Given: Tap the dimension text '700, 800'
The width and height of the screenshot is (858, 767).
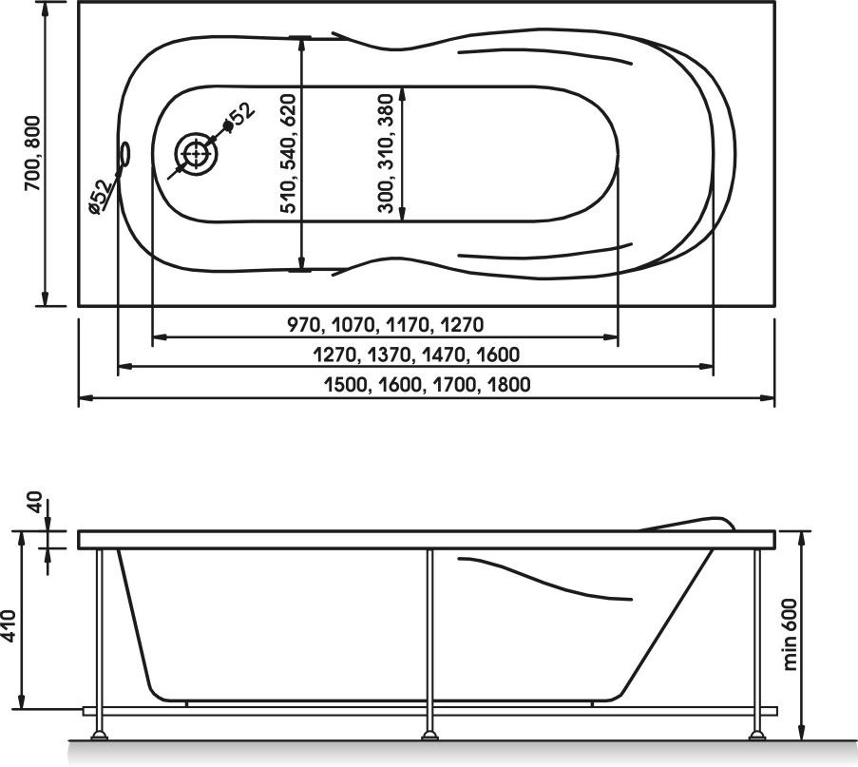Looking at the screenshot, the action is point(34,153).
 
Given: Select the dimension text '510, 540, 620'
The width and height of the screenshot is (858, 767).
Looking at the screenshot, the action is point(288,153).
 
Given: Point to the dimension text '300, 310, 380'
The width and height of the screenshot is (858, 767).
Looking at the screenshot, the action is point(386,153).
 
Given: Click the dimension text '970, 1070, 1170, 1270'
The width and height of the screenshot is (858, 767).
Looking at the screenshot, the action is point(386,325).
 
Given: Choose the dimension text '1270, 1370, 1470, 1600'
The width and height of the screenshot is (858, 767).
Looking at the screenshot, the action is point(416,355).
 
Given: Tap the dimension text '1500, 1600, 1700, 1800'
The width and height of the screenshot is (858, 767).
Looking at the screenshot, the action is point(428,384).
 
